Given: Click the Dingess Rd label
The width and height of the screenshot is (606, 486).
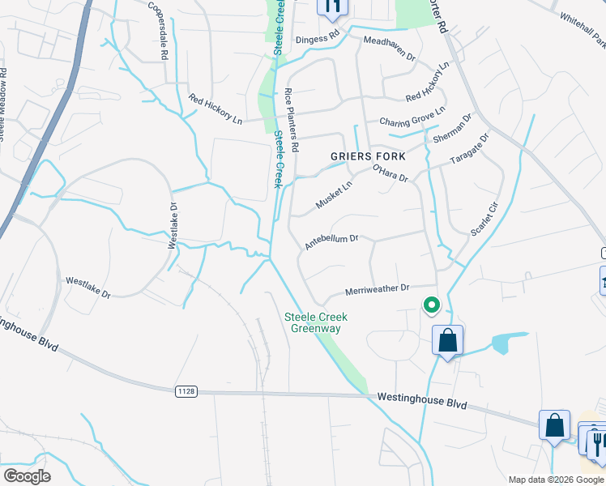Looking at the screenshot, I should (317, 37).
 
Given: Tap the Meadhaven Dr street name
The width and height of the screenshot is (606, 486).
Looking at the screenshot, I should (389, 49).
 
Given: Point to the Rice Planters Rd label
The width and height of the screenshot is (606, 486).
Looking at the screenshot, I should (291, 121).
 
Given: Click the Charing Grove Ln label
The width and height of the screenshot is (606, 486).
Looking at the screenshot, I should (412, 117).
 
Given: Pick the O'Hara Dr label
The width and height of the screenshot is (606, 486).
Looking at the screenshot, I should (389, 173).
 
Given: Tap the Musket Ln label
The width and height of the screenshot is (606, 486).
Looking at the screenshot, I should (334, 195).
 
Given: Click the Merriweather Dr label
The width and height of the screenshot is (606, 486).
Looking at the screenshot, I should (378, 288).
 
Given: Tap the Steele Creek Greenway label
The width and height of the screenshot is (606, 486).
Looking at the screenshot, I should (317, 322).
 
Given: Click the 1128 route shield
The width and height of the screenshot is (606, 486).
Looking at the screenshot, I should (186, 391).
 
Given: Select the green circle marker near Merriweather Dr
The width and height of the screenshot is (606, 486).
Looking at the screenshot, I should (432, 305).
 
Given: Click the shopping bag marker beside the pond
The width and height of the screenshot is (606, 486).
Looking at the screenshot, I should (448, 340).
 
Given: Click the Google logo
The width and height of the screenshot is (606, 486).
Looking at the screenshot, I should (28, 476).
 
